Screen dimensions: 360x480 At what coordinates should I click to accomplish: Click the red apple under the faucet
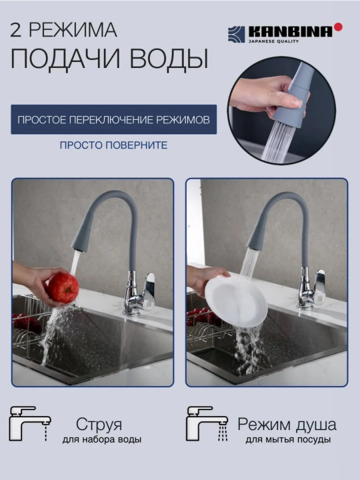click(63, 288)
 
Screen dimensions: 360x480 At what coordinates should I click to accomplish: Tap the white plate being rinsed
click(236, 302)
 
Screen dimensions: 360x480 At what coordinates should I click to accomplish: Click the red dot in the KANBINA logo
click(338, 27)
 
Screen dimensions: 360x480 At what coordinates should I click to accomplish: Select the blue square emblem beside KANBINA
click(236, 34)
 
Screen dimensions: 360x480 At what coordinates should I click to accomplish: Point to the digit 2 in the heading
click(15, 30)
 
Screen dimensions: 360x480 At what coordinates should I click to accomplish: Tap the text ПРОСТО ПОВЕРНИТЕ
click(113, 145)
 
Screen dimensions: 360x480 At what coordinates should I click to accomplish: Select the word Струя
click(99, 425)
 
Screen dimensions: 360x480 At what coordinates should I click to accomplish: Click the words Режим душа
click(287, 425)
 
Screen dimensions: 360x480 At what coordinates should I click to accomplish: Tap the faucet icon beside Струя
click(30, 423)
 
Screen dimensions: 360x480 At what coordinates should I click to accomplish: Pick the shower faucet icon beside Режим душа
click(207, 423)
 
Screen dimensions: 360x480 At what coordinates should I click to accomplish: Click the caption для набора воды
click(102, 439)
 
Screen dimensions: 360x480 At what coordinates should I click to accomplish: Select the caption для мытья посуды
click(288, 439)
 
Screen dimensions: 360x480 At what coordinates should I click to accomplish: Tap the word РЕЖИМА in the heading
click(73, 30)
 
